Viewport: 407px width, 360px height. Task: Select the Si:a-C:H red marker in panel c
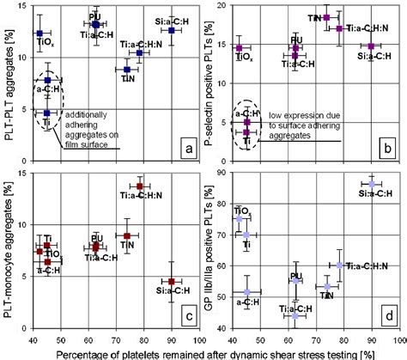point(172,282)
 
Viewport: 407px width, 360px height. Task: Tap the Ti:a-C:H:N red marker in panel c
point(140,186)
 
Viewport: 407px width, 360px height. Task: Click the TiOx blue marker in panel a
point(40,34)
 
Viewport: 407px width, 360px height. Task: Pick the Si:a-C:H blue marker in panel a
point(172,30)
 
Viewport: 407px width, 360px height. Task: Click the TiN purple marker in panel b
point(326,17)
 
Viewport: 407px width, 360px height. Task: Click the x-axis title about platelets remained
point(203,351)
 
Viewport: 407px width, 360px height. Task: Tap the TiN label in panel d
point(326,296)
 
